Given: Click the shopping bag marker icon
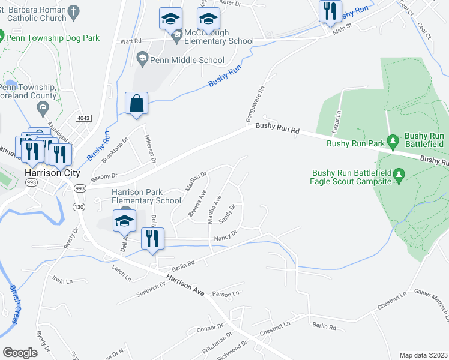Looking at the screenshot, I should coord(137,103).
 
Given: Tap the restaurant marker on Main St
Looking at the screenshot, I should coord(330,11).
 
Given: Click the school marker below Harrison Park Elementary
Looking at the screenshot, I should coord(124,220).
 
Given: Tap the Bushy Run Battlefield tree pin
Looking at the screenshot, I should coord(393,142).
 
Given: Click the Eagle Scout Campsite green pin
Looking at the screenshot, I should coord(398,175).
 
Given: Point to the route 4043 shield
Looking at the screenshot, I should coord(83,118).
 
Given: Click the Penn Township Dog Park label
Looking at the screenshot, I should coord(53,38).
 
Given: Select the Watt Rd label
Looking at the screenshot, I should coord(130,41).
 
